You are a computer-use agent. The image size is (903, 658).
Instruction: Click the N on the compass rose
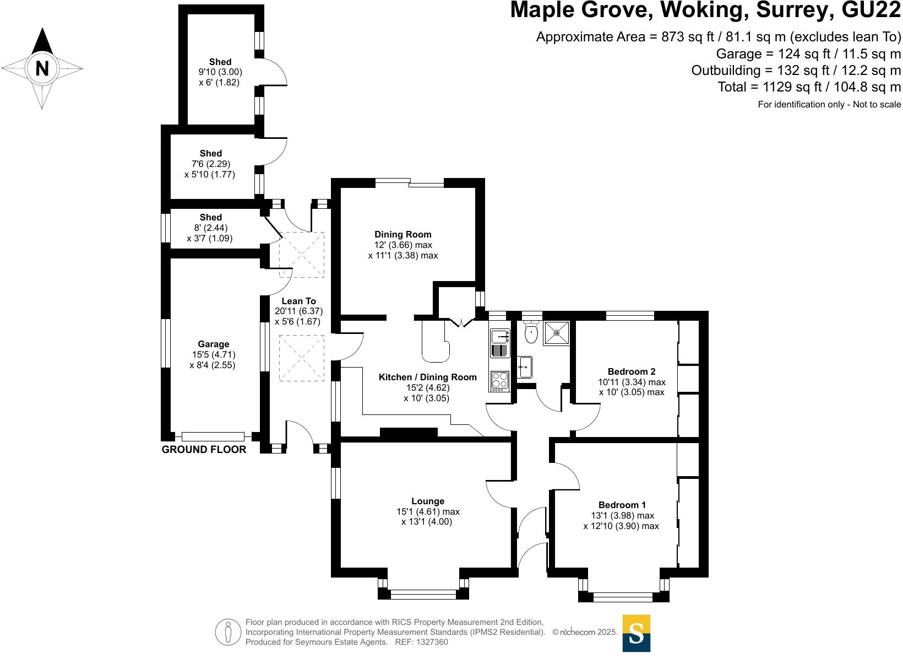(x=42, y=68)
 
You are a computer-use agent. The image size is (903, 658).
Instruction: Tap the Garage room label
(x=214, y=344)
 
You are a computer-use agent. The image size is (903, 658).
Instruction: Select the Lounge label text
(x=428, y=501)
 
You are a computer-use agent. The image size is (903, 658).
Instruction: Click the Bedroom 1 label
(x=622, y=505)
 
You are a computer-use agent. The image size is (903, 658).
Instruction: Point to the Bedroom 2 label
(x=632, y=371)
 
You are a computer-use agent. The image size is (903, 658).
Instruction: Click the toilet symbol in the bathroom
(x=531, y=333)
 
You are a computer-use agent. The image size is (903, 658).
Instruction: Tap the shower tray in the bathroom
(x=556, y=333)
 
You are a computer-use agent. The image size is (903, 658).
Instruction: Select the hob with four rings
(x=500, y=380)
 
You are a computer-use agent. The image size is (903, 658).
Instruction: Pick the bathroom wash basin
(x=524, y=367)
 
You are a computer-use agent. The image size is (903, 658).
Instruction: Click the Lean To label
(x=299, y=301)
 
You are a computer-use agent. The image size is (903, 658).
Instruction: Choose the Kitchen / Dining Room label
(x=427, y=377)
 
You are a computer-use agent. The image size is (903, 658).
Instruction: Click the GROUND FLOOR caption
(x=204, y=450)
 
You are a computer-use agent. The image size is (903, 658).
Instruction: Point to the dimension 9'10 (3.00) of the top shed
(x=220, y=72)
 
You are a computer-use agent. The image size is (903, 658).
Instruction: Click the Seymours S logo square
(x=636, y=633)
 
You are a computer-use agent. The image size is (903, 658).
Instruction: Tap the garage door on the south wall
(x=213, y=436)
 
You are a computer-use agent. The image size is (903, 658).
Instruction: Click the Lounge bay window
(x=423, y=594)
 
